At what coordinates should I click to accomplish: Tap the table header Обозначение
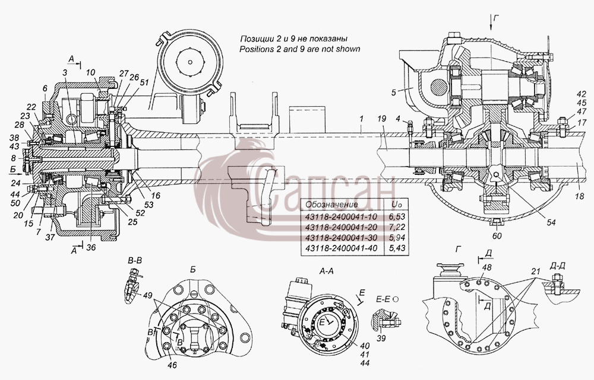pos(331,205)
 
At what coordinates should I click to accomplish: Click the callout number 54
pos(551,222)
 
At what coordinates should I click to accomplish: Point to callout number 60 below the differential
pos(497,235)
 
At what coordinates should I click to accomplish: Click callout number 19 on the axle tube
pos(381,119)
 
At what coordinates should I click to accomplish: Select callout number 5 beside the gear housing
pos(394,92)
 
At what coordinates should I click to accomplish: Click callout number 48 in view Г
pos(487,267)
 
